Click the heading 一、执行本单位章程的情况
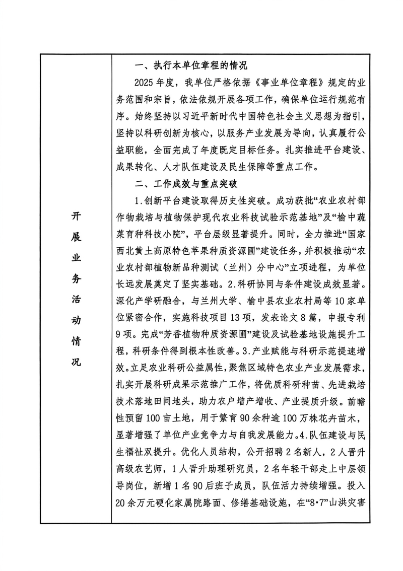pos(191,65)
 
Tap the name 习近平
pos(210,117)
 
